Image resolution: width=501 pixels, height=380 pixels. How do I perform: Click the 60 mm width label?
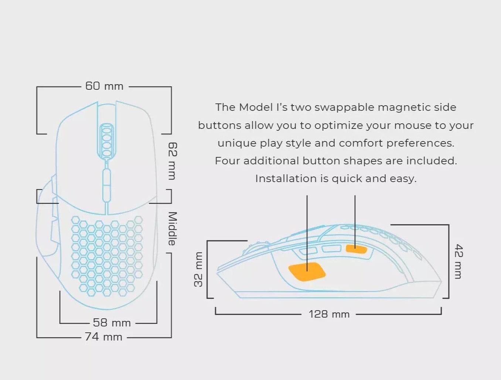tap(104, 86)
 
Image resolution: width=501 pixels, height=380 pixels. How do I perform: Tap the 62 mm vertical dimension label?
tap(172, 161)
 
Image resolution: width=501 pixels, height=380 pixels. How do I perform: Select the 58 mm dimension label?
tap(112, 323)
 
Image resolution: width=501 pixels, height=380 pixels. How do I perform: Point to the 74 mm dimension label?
tap(103, 337)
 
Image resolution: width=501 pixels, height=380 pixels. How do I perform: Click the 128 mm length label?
tap(329, 314)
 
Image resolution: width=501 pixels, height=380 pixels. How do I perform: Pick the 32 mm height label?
tap(198, 269)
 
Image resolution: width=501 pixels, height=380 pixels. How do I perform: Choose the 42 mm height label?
tap(458, 261)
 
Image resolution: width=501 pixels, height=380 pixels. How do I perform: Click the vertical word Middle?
tap(172, 229)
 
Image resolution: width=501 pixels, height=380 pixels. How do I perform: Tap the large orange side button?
tap(307, 272)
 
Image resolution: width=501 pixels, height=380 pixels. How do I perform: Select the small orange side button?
tap(356, 249)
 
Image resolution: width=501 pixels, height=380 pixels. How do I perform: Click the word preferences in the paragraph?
tap(420, 143)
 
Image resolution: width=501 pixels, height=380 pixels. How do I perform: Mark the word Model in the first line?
tap(256, 107)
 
